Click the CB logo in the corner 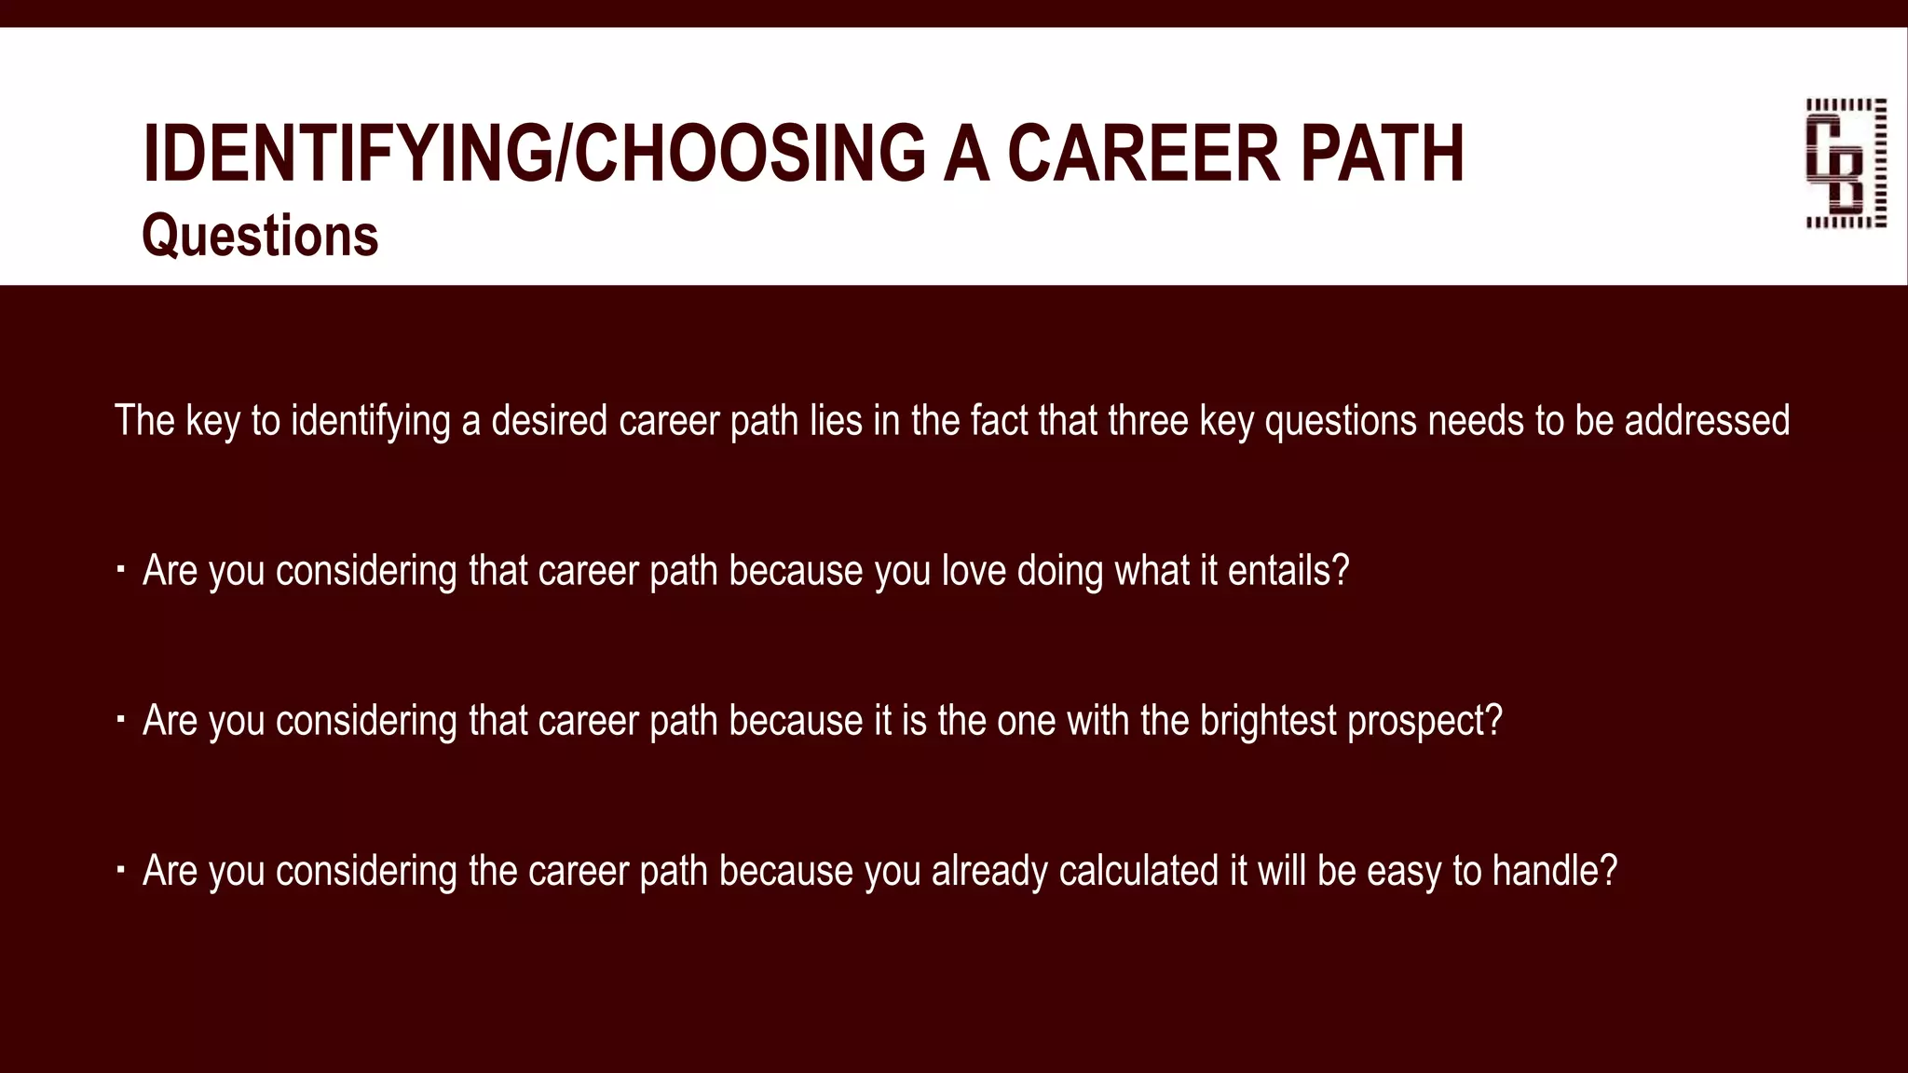[1846, 163]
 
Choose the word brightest [1268, 721]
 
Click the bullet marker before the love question [120, 568]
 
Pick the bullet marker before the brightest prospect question [120, 718]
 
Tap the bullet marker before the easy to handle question [120, 868]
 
